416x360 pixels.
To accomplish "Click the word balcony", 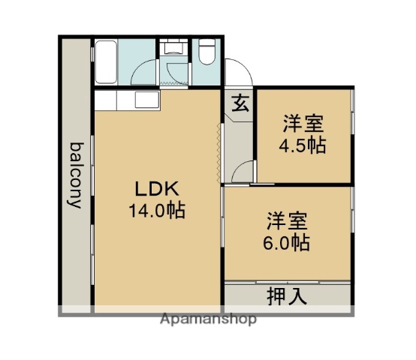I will click(x=76, y=174).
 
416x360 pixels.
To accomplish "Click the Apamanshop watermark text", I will click(x=209, y=319).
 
